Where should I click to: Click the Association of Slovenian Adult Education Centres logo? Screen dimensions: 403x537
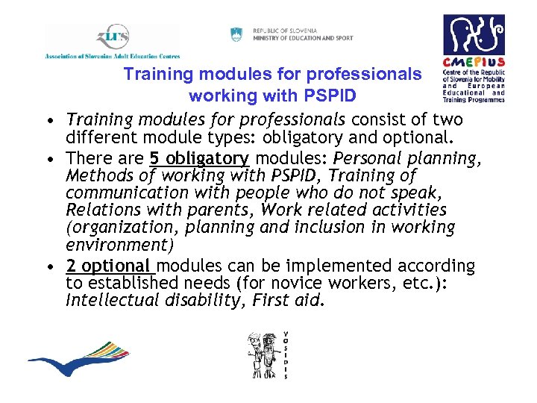[x=112, y=42]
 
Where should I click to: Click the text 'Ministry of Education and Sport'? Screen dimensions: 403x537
[x=303, y=38]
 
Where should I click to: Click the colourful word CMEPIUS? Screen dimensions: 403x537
[x=474, y=63]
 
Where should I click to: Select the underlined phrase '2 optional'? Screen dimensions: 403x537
[x=109, y=266]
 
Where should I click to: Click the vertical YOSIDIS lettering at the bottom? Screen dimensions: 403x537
[x=285, y=354]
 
